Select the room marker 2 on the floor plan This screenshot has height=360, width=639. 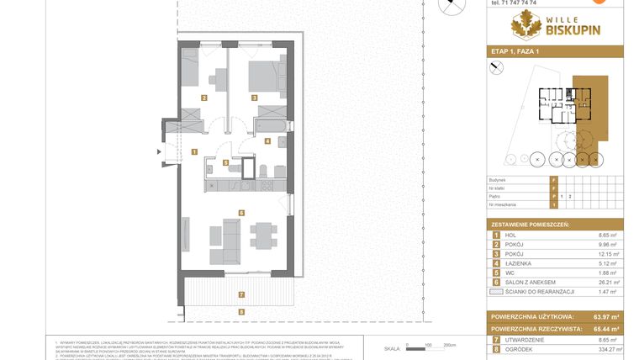click(x=204, y=98)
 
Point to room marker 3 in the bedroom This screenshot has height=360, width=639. click(x=254, y=98)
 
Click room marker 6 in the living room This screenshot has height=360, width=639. click(x=241, y=213)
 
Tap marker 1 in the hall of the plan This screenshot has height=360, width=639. click(x=194, y=152)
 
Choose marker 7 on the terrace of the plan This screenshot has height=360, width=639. click(x=241, y=294)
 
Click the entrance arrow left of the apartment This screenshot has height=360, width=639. click(x=158, y=151)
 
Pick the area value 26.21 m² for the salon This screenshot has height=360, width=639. click(x=608, y=283)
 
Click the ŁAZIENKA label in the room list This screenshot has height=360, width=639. click(x=519, y=262)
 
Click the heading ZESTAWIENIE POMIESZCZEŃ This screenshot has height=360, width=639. click(x=532, y=225)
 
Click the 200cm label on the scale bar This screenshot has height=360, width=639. click(x=449, y=345)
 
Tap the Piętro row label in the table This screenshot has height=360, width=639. click(x=498, y=196)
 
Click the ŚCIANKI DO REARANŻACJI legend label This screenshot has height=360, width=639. click(x=539, y=294)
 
